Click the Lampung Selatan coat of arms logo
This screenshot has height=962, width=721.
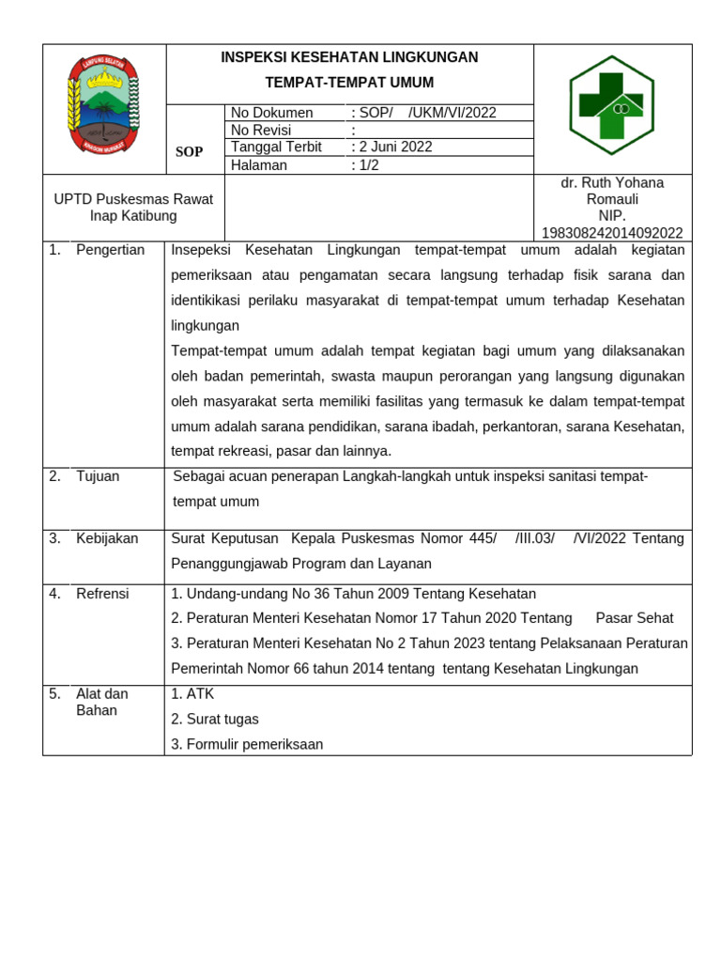pyautogui.click(x=103, y=104)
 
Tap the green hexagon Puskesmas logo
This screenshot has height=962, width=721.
pyautogui.click(x=611, y=104)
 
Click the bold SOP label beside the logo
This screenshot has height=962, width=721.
pyautogui.click(x=189, y=151)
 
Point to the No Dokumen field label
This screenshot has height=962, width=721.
pyautogui.click(x=271, y=113)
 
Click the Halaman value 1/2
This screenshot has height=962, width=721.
pyautogui.click(x=367, y=165)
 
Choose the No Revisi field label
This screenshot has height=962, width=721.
pyautogui.click(x=261, y=130)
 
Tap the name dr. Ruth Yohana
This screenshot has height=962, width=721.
pyautogui.click(x=612, y=182)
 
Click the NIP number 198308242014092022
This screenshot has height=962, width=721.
pyautogui.click(x=612, y=233)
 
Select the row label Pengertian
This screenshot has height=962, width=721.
pyautogui.click(x=110, y=250)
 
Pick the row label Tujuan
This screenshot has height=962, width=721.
pyautogui.click(x=98, y=476)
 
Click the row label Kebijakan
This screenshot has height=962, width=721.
pyautogui.click(x=107, y=538)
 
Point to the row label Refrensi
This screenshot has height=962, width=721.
pyautogui.click(x=102, y=594)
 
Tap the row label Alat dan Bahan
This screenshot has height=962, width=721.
pyautogui.click(x=101, y=702)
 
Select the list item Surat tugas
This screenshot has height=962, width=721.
pyautogui.click(x=215, y=719)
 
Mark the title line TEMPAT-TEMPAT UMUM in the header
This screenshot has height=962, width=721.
pyautogui.click(x=349, y=83)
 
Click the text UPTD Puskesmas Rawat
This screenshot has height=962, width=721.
pyautogui.click(x=133, y=199)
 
